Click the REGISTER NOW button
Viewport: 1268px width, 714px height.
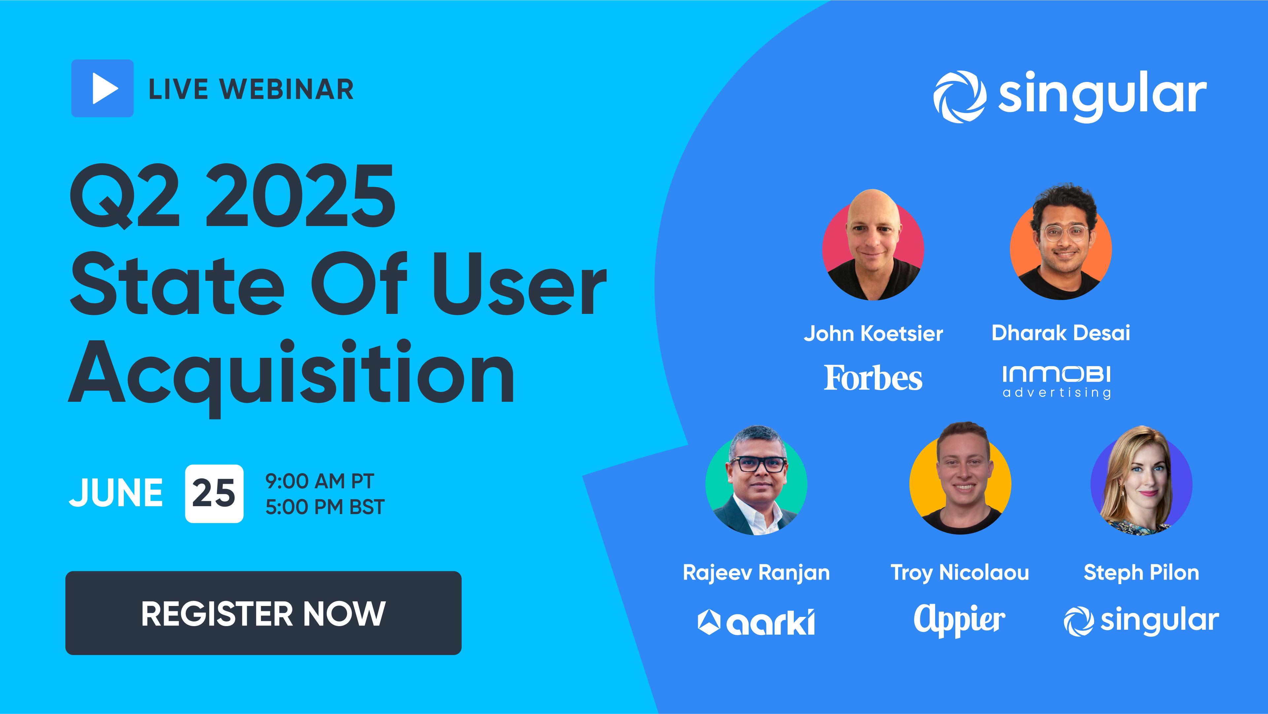click(264, 613)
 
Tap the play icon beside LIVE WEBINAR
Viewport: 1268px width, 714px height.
click(102, 89)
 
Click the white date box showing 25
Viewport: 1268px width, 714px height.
click(214, 493)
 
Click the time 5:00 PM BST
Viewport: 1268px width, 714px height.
click(325, 507)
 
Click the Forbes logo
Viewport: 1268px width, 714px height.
click(873, 378)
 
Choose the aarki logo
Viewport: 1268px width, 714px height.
click(757, 622)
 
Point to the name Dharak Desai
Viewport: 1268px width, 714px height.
click(1061, 333)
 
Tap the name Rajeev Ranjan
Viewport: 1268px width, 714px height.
click(757, 573)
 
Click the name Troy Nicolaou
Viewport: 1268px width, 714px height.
click(960, 573)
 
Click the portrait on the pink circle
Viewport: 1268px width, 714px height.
click(873, 246)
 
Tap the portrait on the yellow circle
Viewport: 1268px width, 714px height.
click(960, 480)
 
